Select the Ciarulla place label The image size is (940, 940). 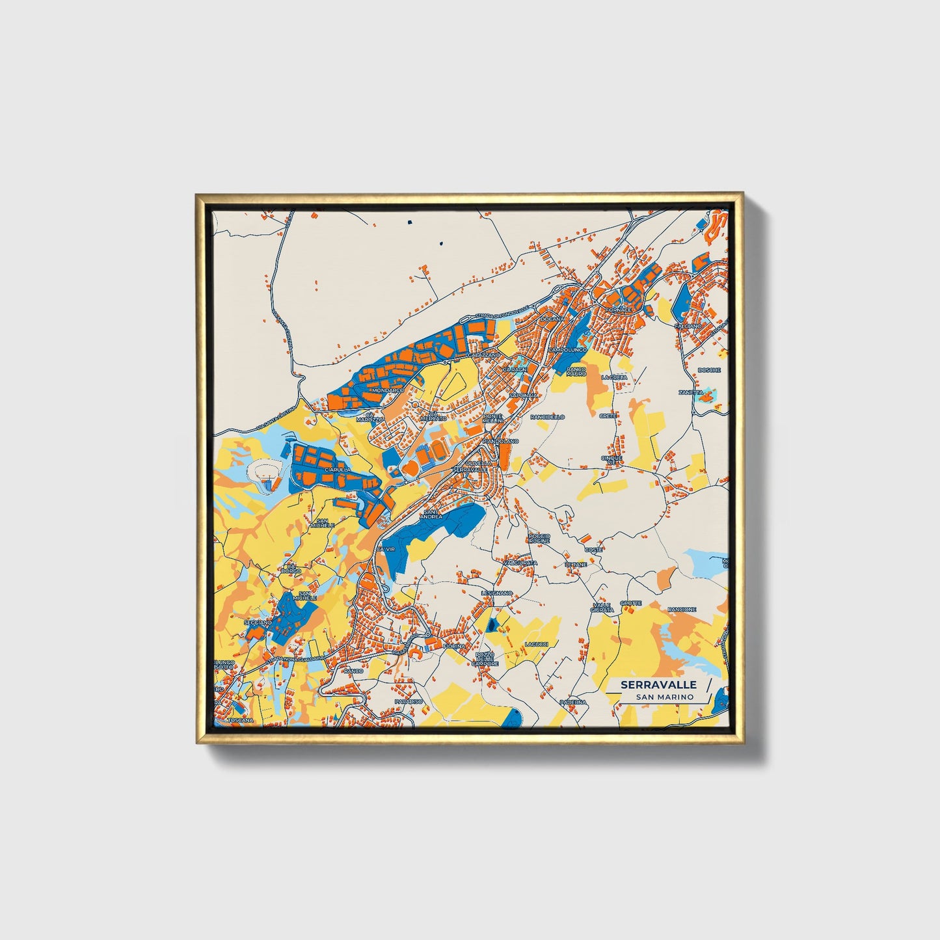[338, 469]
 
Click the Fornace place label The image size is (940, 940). [618, 310]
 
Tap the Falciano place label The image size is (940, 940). [688, 326]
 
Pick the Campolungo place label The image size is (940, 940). [568, 350]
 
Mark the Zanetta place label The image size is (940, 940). [690, 393]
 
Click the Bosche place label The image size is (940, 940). [709, 370]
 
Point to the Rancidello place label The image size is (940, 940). [548, 416]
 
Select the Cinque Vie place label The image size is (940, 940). [611, 460]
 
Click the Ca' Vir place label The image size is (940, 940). [385, 550]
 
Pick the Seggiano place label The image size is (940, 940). [258, 623]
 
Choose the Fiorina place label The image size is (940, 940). [454, 646]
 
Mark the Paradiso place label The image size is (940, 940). [409, 702]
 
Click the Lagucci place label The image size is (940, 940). [537, 645]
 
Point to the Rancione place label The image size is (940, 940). [682, 610]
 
